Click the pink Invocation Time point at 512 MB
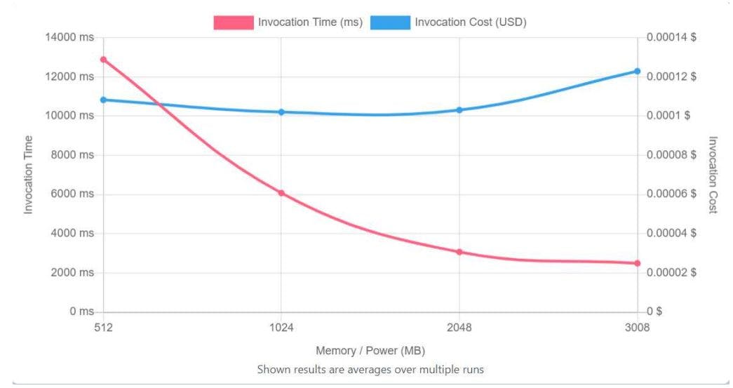tap(104, 60)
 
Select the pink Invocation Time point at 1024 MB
tap(281, 193)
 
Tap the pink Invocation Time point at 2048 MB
tap(459, 252)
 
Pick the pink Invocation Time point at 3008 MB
tap(638, 263)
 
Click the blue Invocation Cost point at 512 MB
tap(104, 100)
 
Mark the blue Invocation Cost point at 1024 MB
tap(281, 112)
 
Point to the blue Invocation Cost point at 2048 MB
tap(459, 110)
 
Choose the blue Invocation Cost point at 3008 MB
tap(638, 71)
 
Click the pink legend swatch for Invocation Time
tap(233, 22)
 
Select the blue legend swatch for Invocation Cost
tap(390, 22)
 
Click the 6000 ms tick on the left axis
tap(72, 194)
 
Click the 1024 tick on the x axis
tap(281, 327)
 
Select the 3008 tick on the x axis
tap(637, 327)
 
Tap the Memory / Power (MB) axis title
tap(370, 350)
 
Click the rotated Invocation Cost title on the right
tap(713, 175)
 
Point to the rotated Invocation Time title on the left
tap(29, 175)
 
